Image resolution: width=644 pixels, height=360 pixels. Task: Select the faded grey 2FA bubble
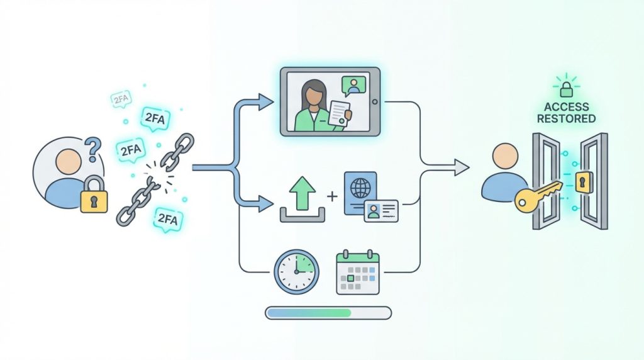(121, 99)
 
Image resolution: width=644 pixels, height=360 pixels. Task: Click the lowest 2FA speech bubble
(167, 220)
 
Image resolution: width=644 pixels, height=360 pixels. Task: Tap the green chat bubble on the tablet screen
(353, 86)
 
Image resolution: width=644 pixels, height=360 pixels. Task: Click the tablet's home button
(374, 102)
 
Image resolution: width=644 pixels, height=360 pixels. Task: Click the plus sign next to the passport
(332, 196)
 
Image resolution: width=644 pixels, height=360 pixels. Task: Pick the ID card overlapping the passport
(380, 211)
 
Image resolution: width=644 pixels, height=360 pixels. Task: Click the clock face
(296, 272)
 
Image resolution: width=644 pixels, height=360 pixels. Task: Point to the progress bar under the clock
(328, 313)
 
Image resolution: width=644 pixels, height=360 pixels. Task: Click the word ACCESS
(567, 107)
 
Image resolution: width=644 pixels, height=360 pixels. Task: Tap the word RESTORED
(567, 119)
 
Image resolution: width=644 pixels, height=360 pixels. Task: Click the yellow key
(538, 197)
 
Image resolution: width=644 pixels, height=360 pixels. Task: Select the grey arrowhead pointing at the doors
(462, 167)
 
